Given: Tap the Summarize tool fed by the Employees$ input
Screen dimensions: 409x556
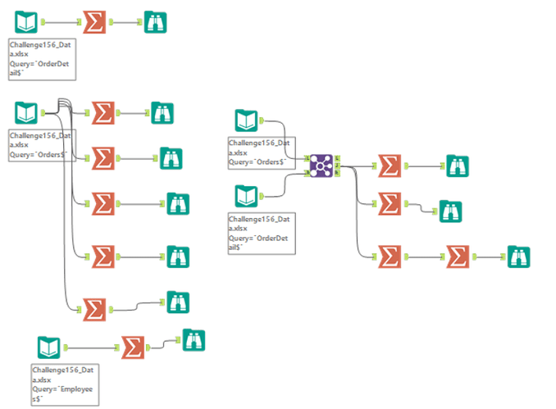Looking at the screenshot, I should point(133,347).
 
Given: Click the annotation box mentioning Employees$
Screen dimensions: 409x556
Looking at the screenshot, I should point(65,384).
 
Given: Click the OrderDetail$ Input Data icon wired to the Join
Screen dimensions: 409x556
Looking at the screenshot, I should point(247,197).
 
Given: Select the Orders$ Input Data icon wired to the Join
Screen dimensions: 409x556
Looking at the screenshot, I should point(247,120).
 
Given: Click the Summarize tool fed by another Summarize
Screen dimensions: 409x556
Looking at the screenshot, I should point(458,257).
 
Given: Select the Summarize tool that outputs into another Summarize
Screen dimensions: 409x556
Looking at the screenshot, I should point(390,257).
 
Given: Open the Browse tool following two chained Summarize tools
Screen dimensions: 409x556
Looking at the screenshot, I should point(518,257).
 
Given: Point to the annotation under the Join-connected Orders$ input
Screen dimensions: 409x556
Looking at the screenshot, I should point(259,153).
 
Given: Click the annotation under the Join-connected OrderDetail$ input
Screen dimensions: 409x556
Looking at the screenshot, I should point(259,231).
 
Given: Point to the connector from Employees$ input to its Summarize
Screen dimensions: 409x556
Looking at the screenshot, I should point(89,347).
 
